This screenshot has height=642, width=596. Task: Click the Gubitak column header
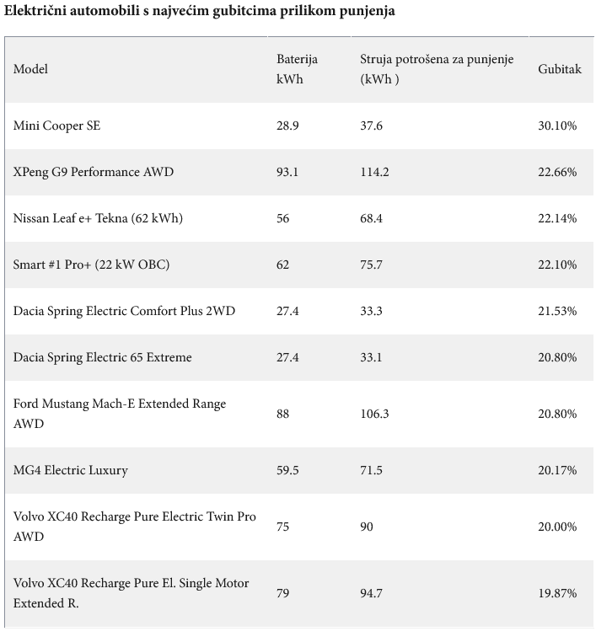[x=559, y=69]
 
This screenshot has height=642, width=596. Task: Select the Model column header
[x=30, y=69]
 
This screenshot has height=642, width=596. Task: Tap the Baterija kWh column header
[x=297, y=69]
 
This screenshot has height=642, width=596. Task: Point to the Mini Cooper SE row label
[x=56, y=126]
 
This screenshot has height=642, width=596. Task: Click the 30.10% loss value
[x=557, y=126]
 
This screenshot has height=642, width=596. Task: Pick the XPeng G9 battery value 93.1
[x=287, y=172]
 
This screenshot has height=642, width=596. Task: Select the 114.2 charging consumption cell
[x=374, y=172]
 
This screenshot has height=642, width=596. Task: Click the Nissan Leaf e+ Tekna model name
[x=98, y=218]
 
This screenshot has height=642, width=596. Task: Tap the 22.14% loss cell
[x=557, y=218]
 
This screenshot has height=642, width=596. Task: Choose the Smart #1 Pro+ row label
[x=91, y=265]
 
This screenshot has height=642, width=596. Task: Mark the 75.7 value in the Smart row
[x=371, y=265]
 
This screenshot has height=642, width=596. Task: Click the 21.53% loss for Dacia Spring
[x=557, y=311]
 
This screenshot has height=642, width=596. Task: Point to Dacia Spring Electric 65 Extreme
[x=102, y=357]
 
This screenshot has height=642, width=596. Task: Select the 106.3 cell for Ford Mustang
[x=374, y=414]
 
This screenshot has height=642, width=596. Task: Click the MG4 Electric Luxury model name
[x=71, y=470]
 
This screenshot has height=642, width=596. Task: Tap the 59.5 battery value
[x=287, y=470]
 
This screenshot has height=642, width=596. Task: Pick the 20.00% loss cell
[x=557, y=527]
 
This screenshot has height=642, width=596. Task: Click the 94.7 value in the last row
[x=371, y=593]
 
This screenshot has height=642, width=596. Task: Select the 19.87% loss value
[x=557, y=593]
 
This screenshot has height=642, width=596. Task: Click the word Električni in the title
[x=35, y=11]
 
